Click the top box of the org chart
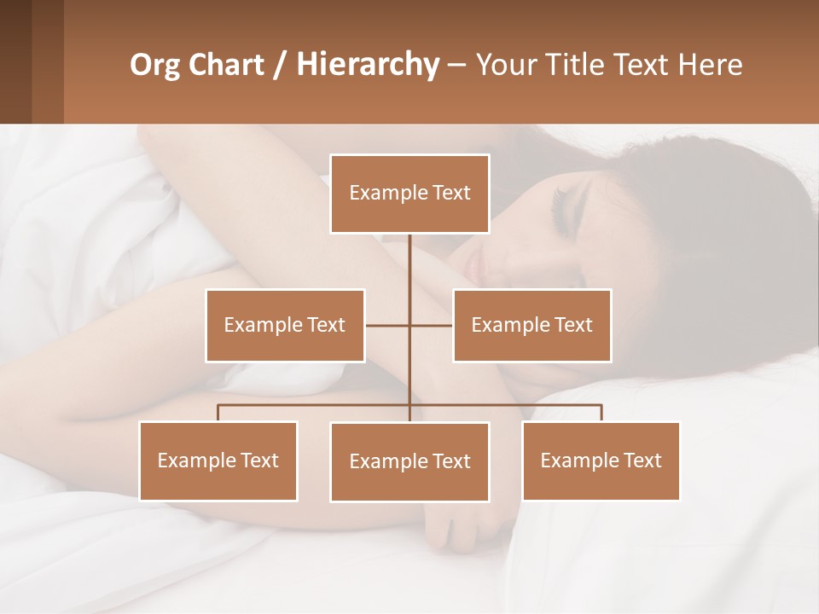(409, 194)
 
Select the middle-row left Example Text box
(285, 325)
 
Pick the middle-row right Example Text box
(531, 325)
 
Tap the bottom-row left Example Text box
(218, 460)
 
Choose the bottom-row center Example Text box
(409, 461)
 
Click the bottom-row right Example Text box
(601, 460)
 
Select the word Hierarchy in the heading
(367, 65)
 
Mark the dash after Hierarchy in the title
(456, 65)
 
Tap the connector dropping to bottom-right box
(601, 413)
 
